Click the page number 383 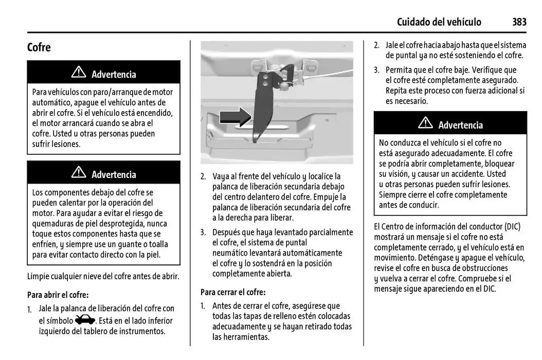[519, 22]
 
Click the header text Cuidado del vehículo [439, 22]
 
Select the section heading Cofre [39, 47]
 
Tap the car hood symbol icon [85, 320]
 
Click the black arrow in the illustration [235, 117]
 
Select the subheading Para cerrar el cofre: [233, 292]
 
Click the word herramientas [241, 337]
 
